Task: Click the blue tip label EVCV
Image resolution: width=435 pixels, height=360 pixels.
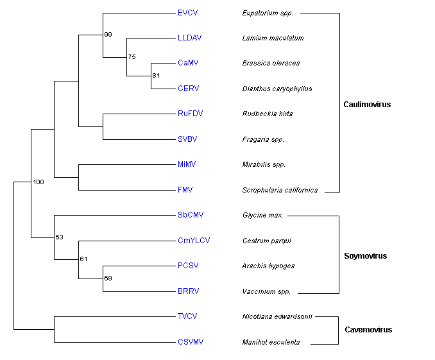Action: point(187,12)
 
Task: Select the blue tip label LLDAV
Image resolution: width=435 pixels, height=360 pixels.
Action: point(189,38)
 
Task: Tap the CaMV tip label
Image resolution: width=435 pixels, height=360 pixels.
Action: point(187,63)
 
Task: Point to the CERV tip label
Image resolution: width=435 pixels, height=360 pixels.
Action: point(188,89)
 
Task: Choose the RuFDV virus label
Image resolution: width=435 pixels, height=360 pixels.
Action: point(189,114)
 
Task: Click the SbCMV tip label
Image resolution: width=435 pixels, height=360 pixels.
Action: point(190,215)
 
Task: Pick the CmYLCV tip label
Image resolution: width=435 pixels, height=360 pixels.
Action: point(194,241)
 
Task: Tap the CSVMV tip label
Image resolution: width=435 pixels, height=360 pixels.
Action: point(190,342)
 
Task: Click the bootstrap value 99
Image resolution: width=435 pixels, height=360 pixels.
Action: point(108,34)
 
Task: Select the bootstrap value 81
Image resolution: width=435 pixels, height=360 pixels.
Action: point(156,76)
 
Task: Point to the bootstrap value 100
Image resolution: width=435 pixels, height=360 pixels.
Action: point(38,183)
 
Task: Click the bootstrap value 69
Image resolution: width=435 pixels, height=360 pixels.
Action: point(108,279)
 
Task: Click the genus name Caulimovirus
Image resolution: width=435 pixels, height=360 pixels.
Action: point(367,105)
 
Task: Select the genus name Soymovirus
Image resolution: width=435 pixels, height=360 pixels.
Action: point(366,256)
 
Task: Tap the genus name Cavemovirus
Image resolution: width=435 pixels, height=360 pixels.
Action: point(368,330)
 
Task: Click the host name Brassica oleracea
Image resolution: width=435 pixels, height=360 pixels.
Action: point(271,64)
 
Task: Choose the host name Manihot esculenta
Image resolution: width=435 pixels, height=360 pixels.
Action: point(271,342)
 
